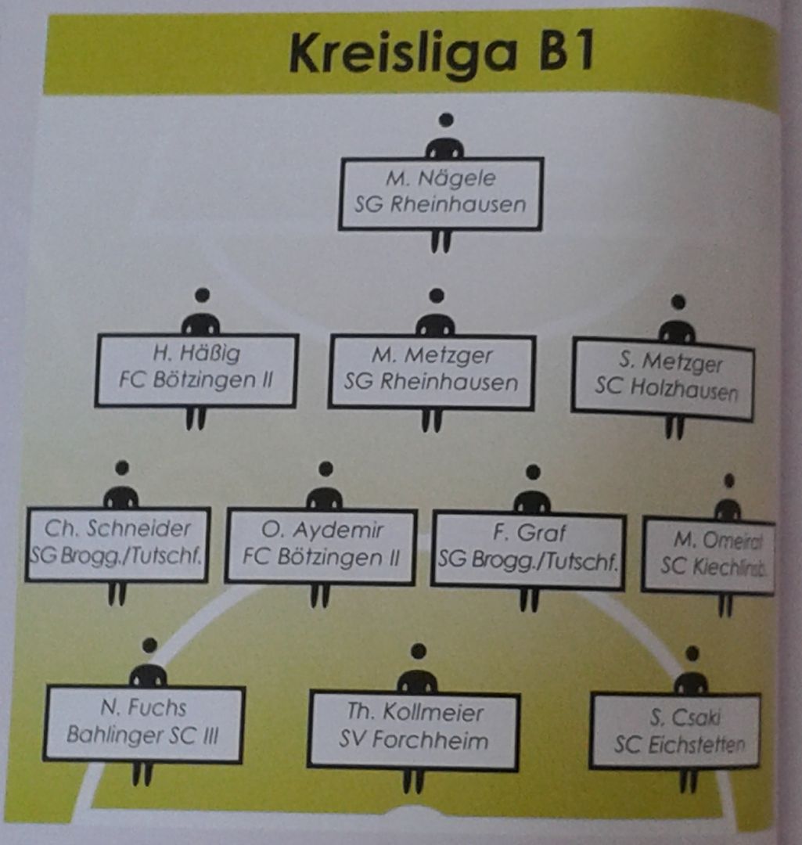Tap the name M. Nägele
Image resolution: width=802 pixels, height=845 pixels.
click(441, 179)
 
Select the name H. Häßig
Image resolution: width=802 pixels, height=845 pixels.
click(196, 354)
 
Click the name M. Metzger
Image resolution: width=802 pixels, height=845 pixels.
click(432, 356)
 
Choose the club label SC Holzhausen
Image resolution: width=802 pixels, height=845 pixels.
click(665, 389)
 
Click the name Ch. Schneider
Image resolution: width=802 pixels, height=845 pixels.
click(117, 529)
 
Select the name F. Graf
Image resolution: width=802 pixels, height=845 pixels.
click(529, 534)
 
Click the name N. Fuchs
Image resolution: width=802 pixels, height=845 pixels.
click(143, 708)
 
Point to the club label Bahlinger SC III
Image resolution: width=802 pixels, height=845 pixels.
click(142, 735)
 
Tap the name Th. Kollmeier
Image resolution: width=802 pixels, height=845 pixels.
click(415, 712)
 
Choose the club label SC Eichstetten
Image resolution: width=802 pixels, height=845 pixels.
click(679, 745)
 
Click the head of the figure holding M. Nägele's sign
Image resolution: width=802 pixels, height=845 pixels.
click(446, 120)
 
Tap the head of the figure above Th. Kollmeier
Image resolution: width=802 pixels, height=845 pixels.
click(419, 651)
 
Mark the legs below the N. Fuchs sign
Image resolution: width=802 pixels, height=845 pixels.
click(142, 775)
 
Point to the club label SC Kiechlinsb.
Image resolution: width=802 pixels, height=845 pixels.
click(712, 566)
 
